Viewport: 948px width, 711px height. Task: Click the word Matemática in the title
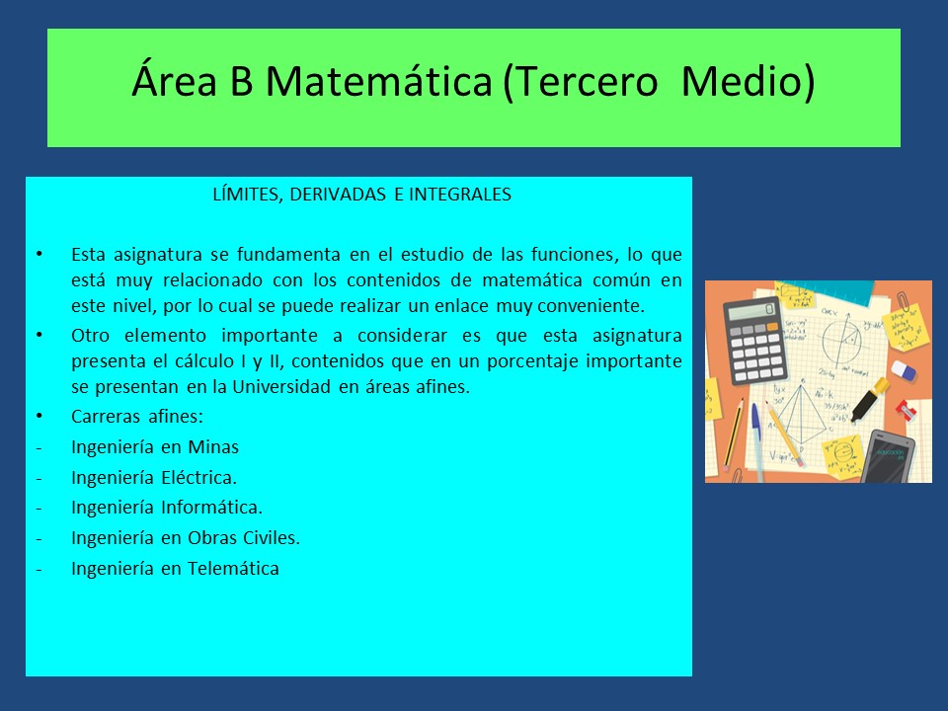tap(379, 81)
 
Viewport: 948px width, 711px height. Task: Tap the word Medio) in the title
tap(748, 82)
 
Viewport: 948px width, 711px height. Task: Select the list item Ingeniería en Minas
tap(155, 447)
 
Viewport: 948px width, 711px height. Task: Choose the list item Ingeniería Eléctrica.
tap(154, 478)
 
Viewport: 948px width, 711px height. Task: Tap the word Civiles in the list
tap(272, 538)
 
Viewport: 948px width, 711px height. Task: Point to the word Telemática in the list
tap(233, 569)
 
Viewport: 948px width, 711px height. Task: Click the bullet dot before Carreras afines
tap(39, 416)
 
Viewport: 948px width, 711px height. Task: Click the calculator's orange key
tap(772, 327)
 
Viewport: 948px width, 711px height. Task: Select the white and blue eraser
tap(904, 370)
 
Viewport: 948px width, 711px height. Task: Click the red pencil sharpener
tap(906, 411)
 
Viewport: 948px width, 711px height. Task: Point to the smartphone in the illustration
tap(888, 456)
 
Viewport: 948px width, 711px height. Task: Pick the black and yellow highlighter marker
tap(870, 400)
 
